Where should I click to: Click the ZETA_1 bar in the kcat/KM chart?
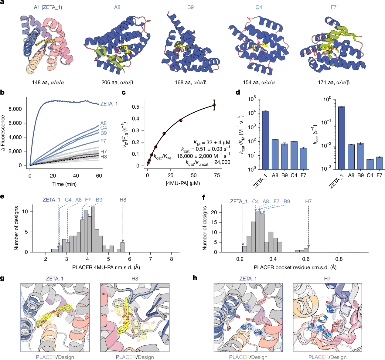pyautogui.click(x=266, y=140)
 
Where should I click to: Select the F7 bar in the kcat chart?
pyautogui.click(x=379, y=163)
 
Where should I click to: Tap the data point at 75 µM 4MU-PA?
pyautogui.click(x=214, y=105)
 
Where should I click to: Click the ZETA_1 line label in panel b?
pyautogui.click(x=109, y=104)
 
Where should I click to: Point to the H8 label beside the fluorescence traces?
pyautogui.click(x=104, y=157)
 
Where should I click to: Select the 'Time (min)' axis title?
pyautogui.click(x=64, y=184)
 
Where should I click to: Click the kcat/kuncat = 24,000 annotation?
pyautogui.click(x=208, y=162)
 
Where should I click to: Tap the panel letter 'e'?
pyautogui.click(x=2, y=197)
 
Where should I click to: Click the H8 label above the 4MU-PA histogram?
pyautogui.click(x=123, y=200)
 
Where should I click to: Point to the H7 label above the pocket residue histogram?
pyautogui.click(x=308, y=201)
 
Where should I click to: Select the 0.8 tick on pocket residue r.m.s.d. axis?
pyautogui.click(x=339, y=259)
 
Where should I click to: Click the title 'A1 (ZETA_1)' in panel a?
pyautogui.click(x=48, y=7)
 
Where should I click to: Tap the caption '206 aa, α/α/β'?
pyautogui.click(x=117, y=82)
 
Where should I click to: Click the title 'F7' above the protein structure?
pyautogui.click(x=333, y=7)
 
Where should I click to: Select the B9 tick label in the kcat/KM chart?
pyautogui.click(x=284, y=175)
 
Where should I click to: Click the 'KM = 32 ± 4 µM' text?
pyautogui.click(x=212, y=142)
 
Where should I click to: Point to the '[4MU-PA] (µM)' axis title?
pyautogui.click(x=183, y=183)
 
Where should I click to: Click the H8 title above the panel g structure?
pyautogui.click(x=135, y=278)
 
